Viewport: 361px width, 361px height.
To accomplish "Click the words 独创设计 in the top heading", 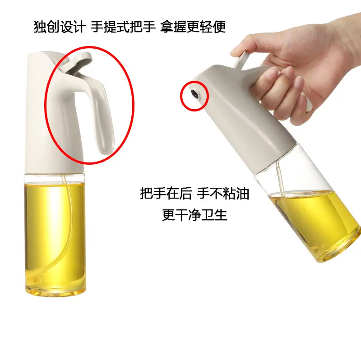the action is [60, 27].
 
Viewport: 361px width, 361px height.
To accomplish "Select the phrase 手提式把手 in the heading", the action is [123, 27].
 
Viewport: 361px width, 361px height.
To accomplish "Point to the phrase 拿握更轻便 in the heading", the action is [193, 27].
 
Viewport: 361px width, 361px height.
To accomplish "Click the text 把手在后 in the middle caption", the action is [166, 194].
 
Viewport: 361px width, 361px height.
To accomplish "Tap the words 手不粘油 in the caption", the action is [223, 194].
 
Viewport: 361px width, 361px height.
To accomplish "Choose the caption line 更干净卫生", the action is [194, 215].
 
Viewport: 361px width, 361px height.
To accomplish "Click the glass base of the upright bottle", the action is [55, 291].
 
